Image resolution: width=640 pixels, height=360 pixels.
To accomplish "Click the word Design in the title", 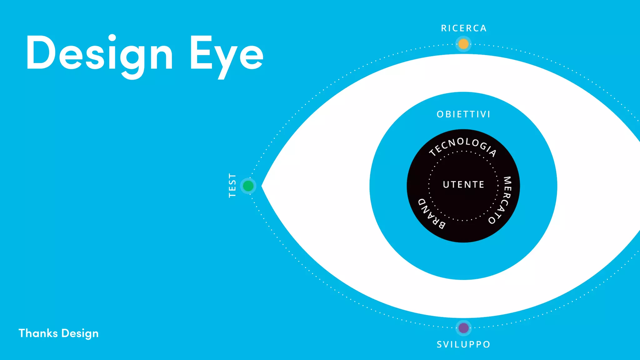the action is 99,53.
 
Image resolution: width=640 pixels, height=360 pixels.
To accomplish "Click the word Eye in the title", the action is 227,53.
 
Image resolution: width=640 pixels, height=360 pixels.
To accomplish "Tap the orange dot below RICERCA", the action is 463,44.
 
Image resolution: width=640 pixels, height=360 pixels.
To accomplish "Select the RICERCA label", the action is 464,28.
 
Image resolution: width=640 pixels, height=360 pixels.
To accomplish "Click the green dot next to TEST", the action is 248,186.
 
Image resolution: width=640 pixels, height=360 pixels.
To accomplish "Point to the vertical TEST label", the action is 232,185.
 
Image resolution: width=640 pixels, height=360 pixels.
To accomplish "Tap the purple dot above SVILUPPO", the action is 463,328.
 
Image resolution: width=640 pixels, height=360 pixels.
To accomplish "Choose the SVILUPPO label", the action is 463,344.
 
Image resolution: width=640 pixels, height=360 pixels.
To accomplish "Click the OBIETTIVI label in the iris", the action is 463,114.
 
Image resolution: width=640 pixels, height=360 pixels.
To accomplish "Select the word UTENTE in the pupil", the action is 463,184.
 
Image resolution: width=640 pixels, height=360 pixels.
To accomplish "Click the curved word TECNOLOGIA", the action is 462,145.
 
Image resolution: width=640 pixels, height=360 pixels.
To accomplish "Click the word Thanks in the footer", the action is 38,333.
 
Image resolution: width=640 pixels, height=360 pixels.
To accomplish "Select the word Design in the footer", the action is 80,334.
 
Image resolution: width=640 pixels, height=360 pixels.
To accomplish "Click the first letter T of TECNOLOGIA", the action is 433,152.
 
